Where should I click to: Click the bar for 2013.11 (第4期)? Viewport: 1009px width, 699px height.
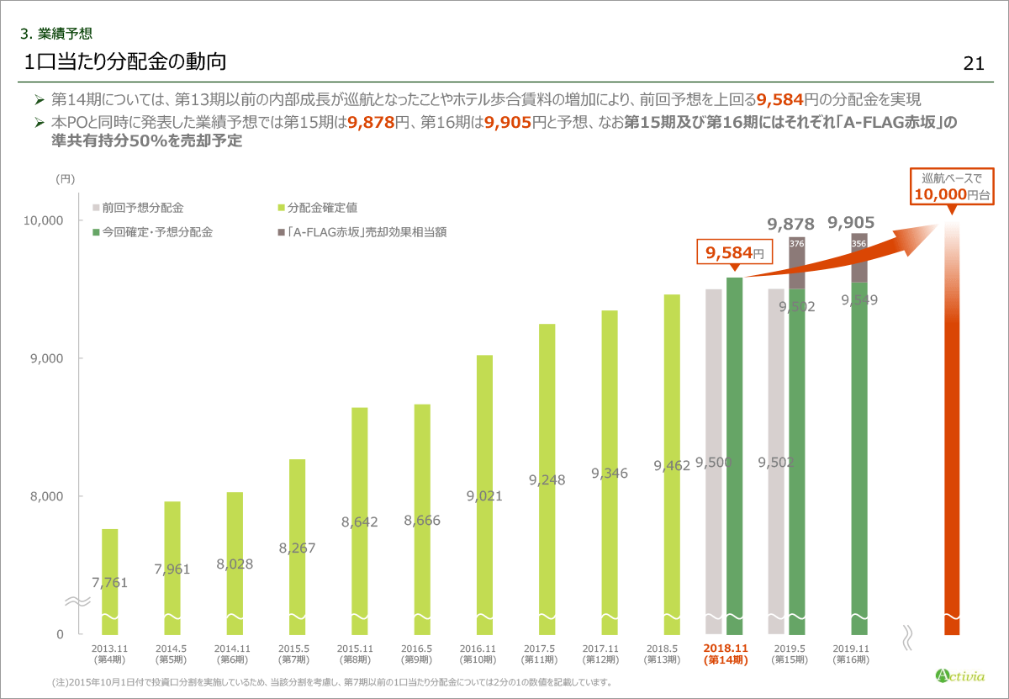109,580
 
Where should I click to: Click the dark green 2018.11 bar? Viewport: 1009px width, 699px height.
734,454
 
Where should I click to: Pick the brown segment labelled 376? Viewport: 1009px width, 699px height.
796,262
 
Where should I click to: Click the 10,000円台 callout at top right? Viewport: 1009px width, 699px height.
952,187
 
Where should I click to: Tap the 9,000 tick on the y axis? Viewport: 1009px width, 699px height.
47,358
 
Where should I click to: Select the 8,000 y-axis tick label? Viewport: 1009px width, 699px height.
47,496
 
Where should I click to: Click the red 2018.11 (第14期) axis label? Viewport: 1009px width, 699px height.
725,654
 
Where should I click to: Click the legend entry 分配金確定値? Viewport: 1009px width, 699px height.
316,207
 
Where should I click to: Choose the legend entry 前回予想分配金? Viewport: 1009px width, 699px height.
137,207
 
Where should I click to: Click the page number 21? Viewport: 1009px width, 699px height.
974,64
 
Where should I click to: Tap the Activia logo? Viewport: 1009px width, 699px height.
959,675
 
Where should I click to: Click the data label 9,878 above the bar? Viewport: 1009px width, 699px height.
790,224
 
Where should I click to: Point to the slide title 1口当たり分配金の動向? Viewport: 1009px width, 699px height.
125,62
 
